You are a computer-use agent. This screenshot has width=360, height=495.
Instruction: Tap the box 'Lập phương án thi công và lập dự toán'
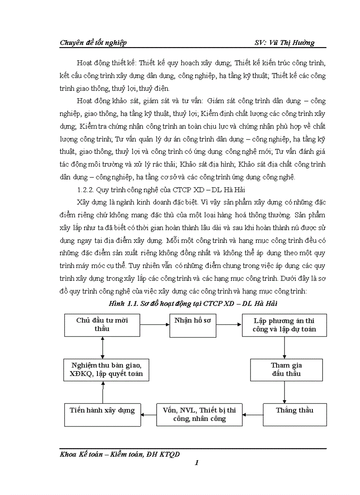[284, 325]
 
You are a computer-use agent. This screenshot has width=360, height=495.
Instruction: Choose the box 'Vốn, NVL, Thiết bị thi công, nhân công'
[199, 415]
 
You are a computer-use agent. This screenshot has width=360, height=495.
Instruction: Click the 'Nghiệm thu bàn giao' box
[103, 369]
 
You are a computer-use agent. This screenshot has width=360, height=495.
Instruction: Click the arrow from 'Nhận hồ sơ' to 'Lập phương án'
[229, 325]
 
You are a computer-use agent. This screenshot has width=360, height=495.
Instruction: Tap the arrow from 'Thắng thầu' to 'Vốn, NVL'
[253, 414]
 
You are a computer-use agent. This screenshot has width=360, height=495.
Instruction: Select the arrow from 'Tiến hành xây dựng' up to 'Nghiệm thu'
[103, 392]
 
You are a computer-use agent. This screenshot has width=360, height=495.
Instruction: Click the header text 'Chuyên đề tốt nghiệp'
[93, 42]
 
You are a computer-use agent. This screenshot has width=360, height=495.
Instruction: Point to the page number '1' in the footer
[197, 462]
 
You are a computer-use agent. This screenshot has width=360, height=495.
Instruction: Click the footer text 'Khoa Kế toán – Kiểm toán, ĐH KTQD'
[120, 454]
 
